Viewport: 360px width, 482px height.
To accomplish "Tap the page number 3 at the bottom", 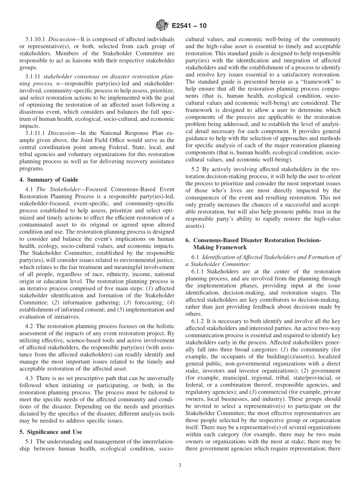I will tap(180, 466).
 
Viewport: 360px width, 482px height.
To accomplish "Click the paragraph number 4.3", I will tap(30, 378).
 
